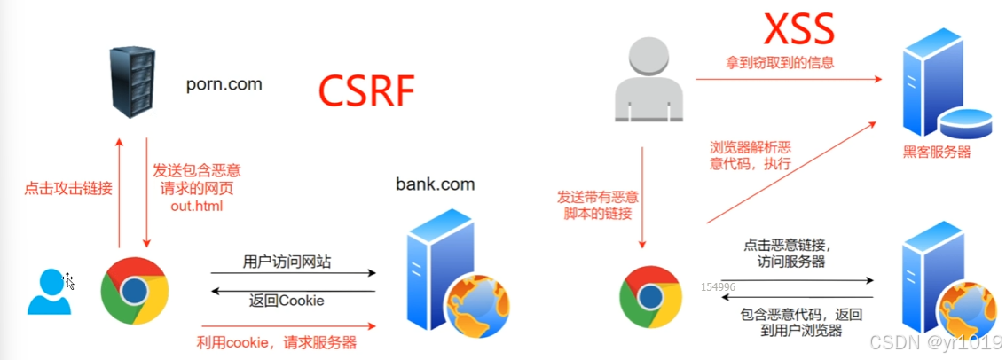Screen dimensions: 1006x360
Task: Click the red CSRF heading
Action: [x=367, y=91]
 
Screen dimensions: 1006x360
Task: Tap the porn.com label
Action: [x=224, y=85]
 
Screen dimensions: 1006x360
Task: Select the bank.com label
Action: [x=435, y=184]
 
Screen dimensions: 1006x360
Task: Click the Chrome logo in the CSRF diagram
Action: [x=135, y=290]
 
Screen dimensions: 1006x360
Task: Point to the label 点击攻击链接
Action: [x=67, y=188]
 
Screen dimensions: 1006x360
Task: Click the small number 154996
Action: [x=718, y=286]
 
